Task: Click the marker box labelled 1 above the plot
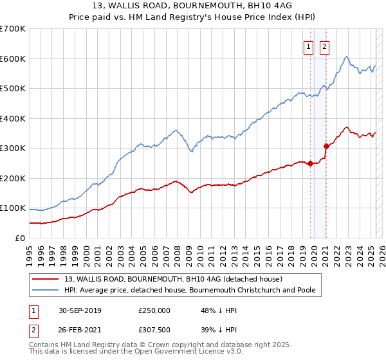click(308, 46)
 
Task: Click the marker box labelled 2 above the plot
click(324, 46)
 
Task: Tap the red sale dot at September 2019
click(310, 163)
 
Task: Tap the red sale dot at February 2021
click(326, 146)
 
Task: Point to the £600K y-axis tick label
click(13, 59)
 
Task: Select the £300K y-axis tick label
click(13, 148)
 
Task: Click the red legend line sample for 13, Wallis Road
click(46, 279)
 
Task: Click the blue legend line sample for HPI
click(46, 290)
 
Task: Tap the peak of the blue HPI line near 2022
click(347, 57)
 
